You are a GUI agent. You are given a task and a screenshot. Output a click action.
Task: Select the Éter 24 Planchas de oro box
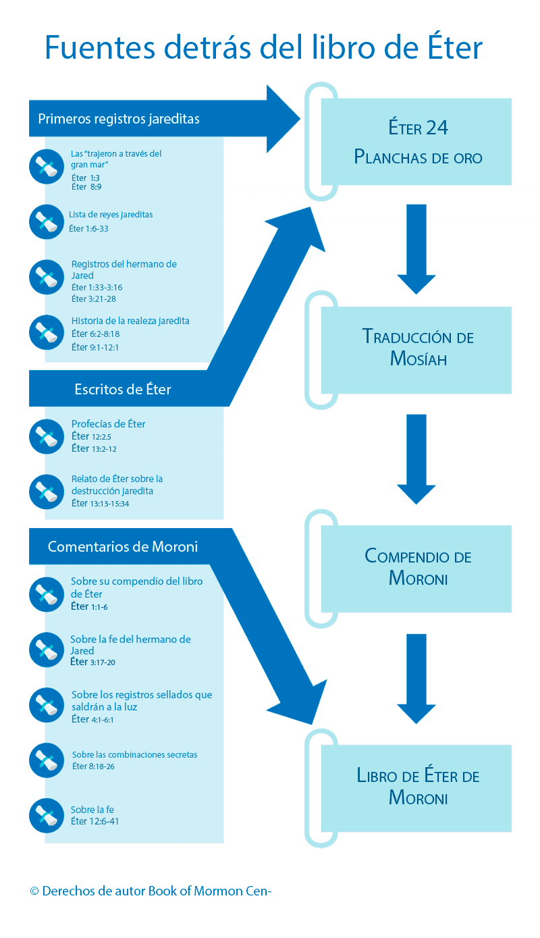coord(416,142)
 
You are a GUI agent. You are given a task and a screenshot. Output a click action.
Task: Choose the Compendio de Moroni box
coord(416,568)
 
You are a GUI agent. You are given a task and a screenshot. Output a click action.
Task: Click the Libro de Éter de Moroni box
coord(416,787)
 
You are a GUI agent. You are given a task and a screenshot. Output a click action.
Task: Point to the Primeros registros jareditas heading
coord(119,119)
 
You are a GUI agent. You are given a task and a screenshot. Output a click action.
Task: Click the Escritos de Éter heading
coord(123,389)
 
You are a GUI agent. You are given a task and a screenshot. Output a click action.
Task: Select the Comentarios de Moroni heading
coord(123,546)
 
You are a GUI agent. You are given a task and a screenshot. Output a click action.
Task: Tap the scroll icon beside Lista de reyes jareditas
coord(47,222)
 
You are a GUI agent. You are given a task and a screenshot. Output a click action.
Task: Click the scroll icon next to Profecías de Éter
coord(47,436)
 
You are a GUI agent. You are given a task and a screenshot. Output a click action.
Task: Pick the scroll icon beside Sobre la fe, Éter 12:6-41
coord(47,815)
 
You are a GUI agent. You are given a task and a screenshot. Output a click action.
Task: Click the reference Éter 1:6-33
coord(89,229)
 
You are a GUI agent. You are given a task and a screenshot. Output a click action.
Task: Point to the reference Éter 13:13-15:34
coord(100,503)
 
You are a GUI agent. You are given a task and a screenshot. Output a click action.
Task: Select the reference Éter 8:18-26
coord(93,766)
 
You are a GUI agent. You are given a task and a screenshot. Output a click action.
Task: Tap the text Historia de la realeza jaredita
coord(130,321)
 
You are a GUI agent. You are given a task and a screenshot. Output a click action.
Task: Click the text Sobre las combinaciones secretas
coord(135,755)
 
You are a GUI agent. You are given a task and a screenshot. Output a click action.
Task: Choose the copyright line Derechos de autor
coord(151,891)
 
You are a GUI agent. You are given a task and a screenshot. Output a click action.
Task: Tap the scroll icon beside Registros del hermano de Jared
coord(47,277)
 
